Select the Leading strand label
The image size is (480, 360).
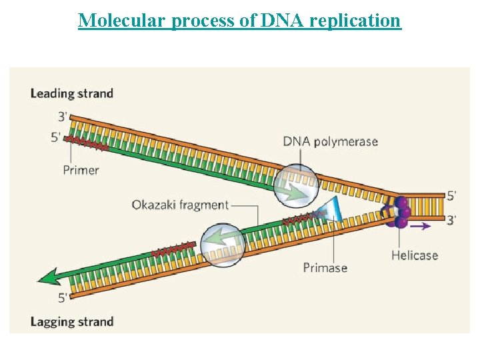72,93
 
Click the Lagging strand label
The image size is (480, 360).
72,322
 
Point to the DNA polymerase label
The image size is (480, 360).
330,141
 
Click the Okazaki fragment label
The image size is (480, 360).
180,205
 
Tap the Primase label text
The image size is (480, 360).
325,267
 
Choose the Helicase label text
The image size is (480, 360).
415,255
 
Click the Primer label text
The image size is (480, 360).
81,170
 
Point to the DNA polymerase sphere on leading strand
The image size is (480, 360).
295,184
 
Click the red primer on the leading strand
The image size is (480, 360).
86,142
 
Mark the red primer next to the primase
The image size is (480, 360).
301,217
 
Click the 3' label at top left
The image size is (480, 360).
63,117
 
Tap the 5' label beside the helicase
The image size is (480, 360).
452,196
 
